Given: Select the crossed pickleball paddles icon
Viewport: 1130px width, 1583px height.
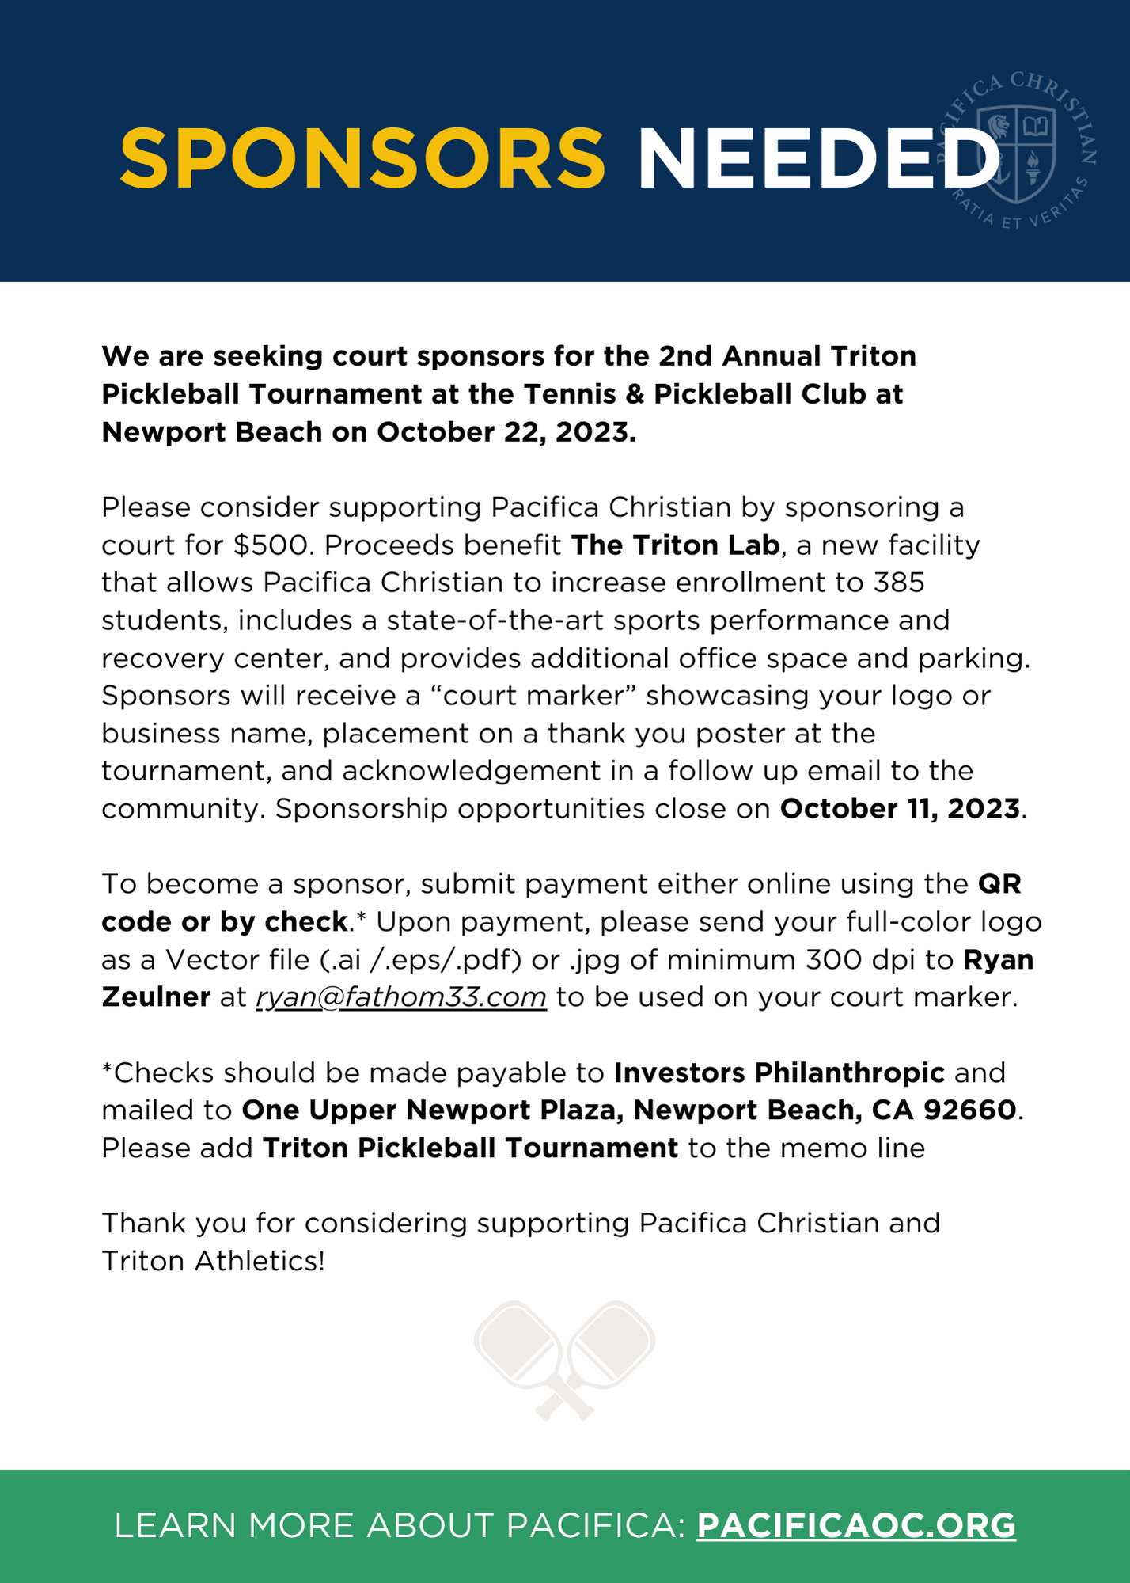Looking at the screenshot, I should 564,1360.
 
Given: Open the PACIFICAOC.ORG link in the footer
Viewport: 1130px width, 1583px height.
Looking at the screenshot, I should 855,1525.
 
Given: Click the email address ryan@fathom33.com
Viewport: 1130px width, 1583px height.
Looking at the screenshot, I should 401,997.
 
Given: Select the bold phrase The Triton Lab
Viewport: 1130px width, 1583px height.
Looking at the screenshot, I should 675,545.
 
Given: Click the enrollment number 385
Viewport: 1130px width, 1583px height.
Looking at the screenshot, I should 899,583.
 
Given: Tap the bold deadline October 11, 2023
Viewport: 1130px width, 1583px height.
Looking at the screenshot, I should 900,809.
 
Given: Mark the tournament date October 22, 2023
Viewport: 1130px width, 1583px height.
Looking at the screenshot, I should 506,432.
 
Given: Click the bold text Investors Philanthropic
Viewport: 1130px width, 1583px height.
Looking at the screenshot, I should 779,1072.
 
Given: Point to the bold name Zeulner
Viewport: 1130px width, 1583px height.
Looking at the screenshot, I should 156,997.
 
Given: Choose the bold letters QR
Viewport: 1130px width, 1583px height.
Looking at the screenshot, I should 999,884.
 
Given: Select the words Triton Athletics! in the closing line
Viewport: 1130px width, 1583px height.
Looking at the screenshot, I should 213,1261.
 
